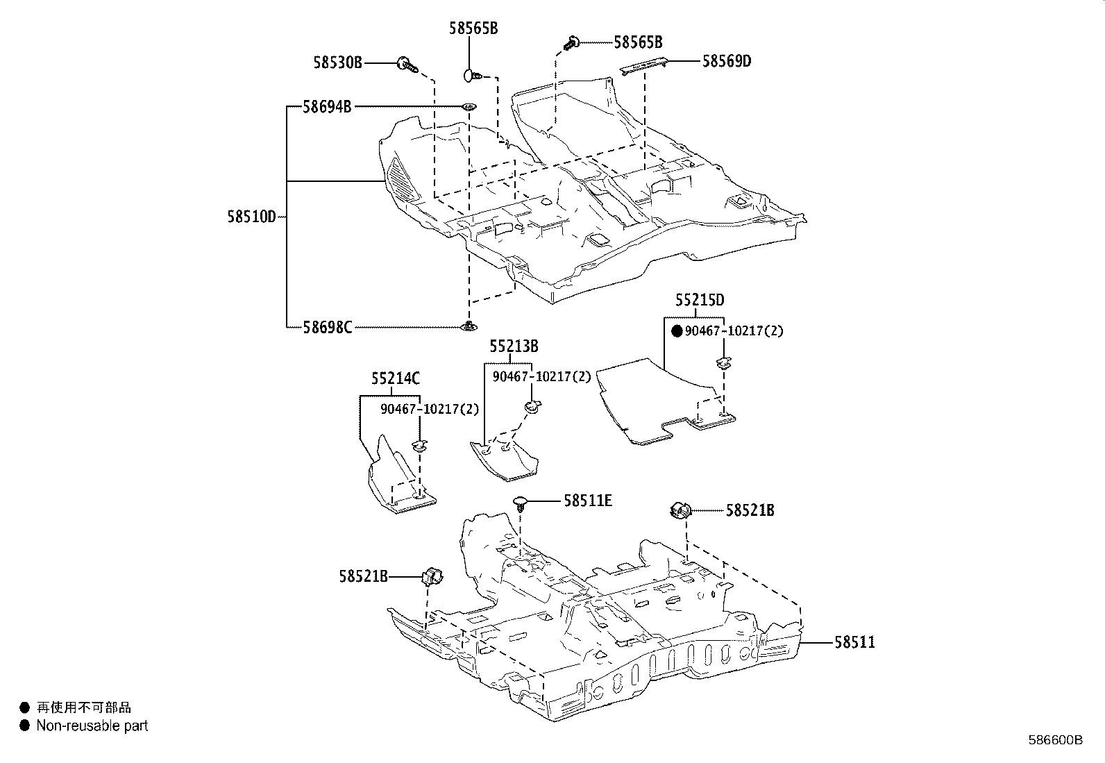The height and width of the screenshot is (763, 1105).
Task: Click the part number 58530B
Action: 337,63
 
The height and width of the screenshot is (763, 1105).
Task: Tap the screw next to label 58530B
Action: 407,65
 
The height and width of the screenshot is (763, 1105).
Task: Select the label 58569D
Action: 726,61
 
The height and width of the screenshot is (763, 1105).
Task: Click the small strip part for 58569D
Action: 645,65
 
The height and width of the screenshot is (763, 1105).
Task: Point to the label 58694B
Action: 327,107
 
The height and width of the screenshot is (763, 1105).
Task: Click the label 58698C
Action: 327,326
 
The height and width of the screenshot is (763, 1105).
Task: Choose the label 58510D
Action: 251,217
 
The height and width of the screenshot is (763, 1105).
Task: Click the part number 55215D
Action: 700,300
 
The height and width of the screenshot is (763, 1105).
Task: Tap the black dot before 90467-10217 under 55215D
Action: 677,331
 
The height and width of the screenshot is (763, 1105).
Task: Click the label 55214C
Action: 395,379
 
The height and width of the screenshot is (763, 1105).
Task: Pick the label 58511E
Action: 588,500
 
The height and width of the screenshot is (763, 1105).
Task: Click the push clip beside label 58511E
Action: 521,503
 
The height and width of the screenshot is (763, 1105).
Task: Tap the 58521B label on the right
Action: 750,510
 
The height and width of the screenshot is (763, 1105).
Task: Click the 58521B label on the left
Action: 363,576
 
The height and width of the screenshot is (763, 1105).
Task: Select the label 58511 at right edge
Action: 854,642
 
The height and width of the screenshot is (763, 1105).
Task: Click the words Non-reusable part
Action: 92,726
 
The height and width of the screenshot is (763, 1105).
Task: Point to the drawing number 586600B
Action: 1055,740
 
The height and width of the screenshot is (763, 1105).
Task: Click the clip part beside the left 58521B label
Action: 432,576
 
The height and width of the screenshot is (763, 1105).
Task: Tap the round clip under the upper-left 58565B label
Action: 471,74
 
